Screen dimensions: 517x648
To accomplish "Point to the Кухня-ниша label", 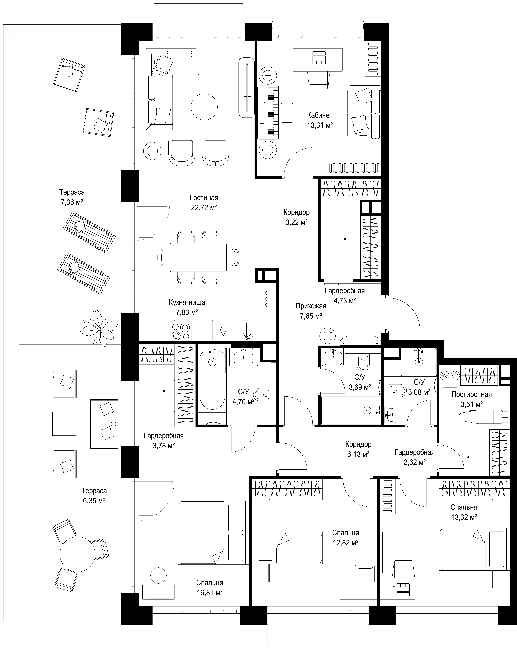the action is click(x=187, y=302).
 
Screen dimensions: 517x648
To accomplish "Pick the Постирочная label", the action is click(x=471, y=394).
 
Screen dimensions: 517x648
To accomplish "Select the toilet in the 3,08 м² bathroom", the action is click(x=397, y=391).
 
